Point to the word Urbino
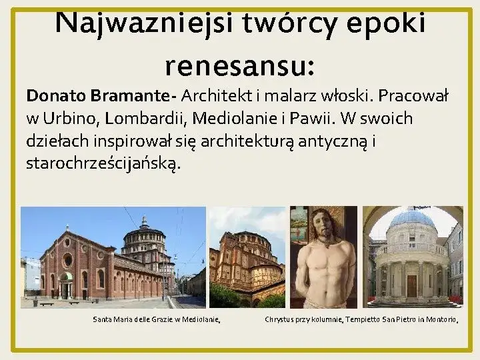tap(70, 119)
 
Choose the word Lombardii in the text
tap(147, 119)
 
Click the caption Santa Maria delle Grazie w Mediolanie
tap(157, 320)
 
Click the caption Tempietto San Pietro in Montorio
tap(403, 320)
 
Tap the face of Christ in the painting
tap(323, 221)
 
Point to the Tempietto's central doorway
tap(411, 285)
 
